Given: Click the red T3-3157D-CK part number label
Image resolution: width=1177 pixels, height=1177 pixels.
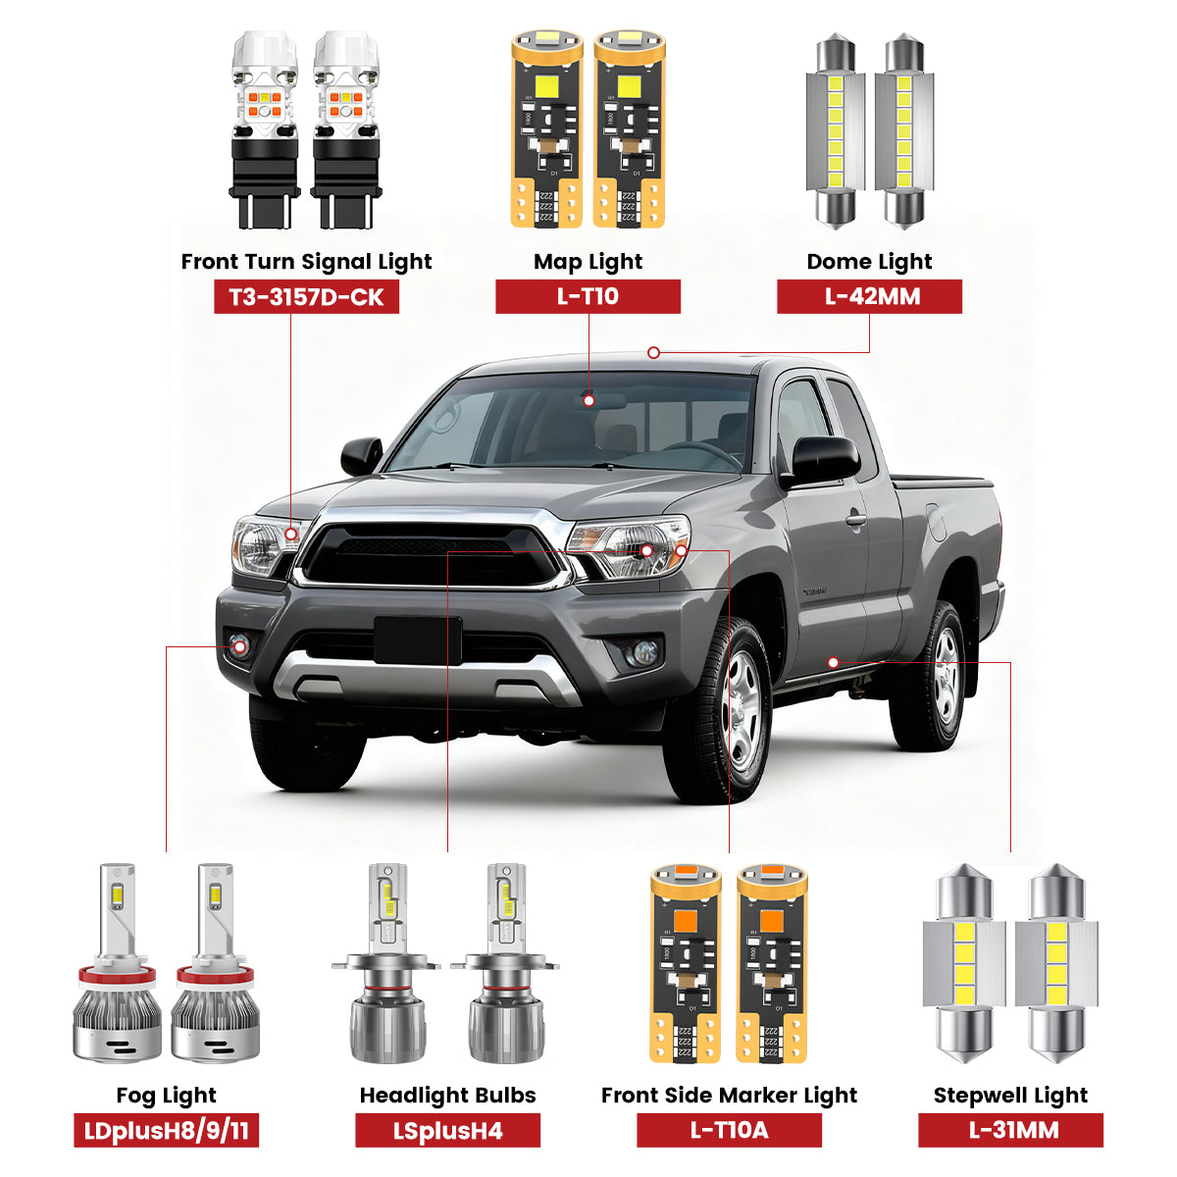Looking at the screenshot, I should point(306,297).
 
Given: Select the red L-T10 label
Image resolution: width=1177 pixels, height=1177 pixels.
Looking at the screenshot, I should point(588,297).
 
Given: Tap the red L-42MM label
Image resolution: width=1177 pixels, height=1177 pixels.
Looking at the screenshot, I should point(869,297).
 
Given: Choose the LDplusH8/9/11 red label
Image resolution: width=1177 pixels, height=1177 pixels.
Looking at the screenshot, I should point(166,1131).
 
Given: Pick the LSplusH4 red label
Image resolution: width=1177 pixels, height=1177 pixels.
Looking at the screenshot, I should point(447,1131).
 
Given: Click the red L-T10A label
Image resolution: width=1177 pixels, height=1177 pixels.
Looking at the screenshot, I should point(729,1131).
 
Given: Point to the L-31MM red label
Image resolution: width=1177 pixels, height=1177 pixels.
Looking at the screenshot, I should point(1010,1131).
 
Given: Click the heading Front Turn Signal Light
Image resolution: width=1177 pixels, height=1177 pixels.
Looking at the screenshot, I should point(306,262).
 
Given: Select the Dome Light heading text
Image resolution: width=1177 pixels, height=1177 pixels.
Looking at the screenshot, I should point(869,262).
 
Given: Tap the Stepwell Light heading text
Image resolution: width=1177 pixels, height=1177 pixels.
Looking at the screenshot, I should point(1010,1096).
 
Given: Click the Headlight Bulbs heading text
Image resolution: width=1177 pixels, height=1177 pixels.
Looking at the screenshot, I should point(447,1096).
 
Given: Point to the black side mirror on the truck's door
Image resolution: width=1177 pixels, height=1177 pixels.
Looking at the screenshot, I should point(824,459).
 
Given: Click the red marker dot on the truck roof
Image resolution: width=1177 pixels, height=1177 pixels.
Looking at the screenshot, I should point(653,353).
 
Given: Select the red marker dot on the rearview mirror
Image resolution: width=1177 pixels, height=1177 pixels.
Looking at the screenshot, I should point(588,400).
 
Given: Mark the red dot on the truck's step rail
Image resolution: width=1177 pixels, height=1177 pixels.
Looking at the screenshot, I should point(833,663).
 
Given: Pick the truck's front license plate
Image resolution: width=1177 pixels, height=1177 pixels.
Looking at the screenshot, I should point(417,640).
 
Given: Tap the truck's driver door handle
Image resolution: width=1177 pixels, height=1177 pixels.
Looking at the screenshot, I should point(856,518).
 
